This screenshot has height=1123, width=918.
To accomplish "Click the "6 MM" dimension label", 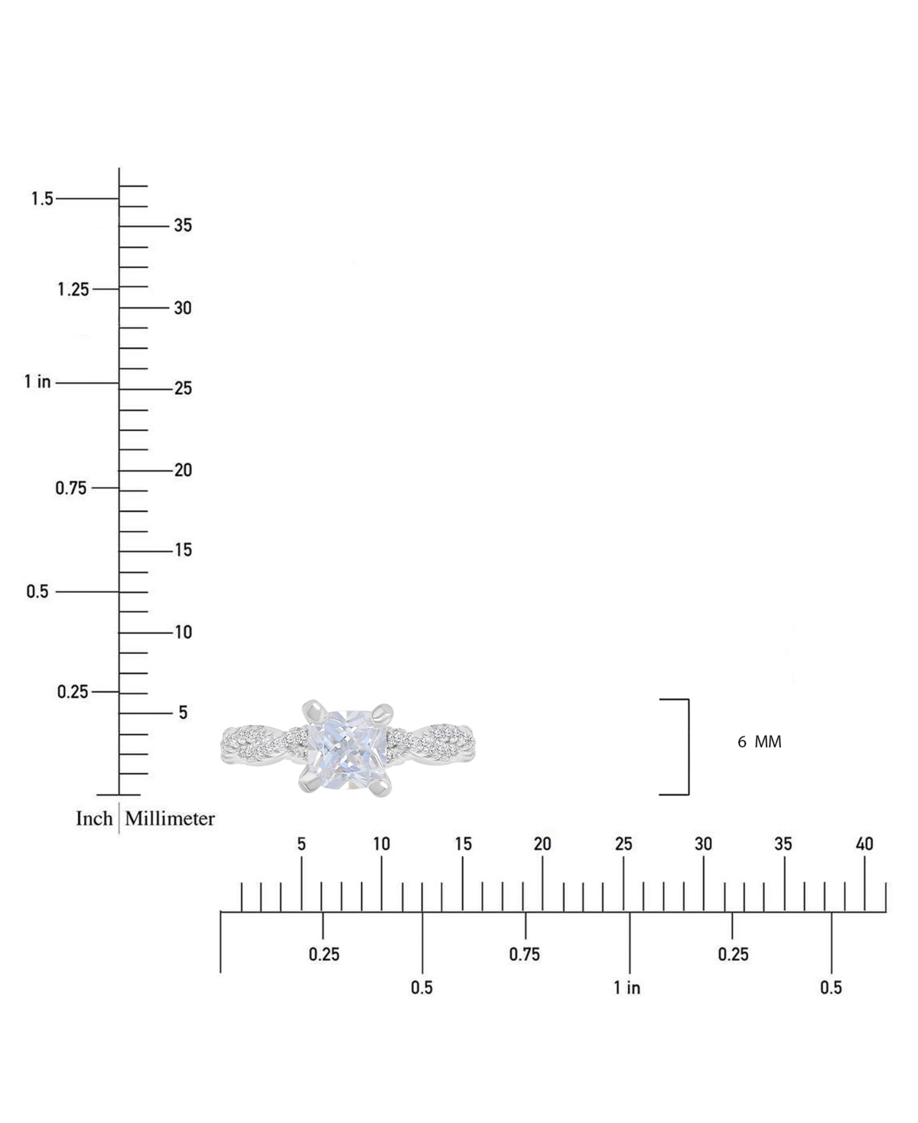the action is (x=760, y=742).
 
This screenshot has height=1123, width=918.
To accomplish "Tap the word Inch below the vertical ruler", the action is (x=94, y=818).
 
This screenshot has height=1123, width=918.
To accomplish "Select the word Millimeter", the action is (x=170, y=818).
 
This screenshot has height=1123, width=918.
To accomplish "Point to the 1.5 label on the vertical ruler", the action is (x=42, y=198).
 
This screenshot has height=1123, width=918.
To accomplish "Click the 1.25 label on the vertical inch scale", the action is (x=73, y=289).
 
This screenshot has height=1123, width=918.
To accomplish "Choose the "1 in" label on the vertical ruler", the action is (x=37, y=381).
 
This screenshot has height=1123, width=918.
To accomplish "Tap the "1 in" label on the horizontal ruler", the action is (x=627, y=988).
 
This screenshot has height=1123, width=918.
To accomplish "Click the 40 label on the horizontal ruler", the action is (x=864, y=844).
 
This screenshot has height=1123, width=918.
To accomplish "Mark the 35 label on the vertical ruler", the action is (x=183, y=225).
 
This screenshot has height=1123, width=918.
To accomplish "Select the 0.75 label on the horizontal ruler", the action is (x=524, y=954).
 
